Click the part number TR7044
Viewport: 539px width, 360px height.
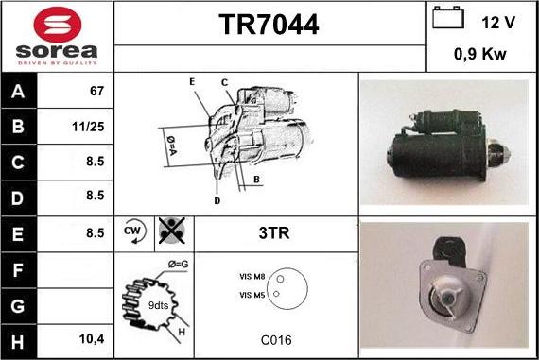click(269, 25)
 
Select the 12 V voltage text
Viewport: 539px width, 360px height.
click(497, 21)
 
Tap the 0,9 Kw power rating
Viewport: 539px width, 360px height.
click(480, 54)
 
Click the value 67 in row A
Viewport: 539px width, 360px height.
click(96, 93)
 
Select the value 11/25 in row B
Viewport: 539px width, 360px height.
click(91, 126)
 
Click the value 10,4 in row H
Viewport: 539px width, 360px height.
click(92, 338)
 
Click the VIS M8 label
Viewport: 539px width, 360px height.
click(253, 278)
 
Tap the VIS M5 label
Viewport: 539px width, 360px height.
click(253, 295)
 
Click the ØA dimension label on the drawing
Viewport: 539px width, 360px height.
click(171, 145)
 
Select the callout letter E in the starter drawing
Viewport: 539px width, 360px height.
click(191, 83)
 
